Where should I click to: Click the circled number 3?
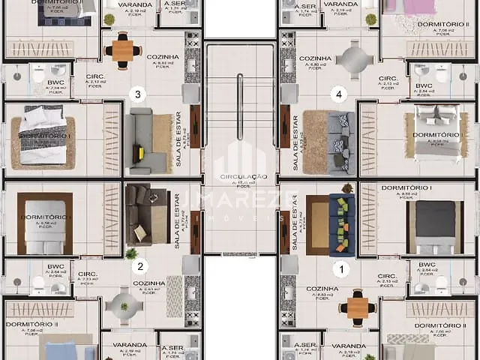pos(136,94)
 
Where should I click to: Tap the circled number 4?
pos(339,94)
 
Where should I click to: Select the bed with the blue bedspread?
pos(69,352)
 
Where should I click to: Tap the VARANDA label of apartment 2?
pos(124,345)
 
